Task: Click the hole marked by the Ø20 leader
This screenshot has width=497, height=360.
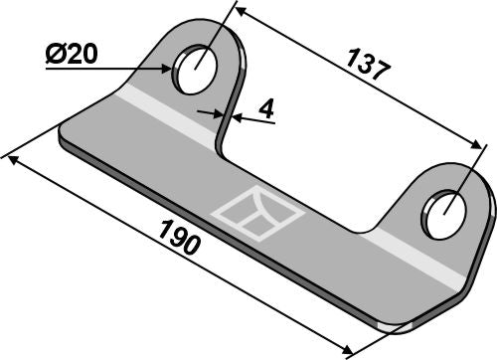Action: tap(195, 67)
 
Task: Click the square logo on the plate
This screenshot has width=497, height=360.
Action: tap(246, 212)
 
